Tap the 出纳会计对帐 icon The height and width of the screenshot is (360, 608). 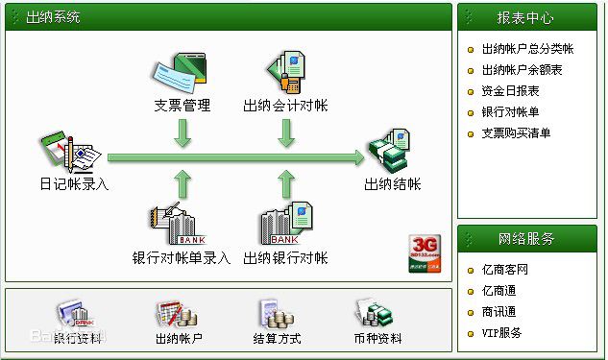(x=285, y=73)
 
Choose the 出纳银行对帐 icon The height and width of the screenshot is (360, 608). (x=286, y=226)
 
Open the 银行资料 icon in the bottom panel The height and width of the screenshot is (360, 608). (x=75, y=314)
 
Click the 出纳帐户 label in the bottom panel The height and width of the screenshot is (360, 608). (x=179, y=338)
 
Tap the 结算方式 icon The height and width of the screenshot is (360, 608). (x=277, y=314)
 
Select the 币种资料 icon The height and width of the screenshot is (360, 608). (x=377, y=314)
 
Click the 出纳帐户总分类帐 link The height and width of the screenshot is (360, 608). (x=526, y=49)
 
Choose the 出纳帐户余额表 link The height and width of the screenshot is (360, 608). (x=521, y=70)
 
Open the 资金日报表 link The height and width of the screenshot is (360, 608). (x=510, y=91)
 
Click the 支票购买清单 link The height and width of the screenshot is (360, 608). (x=516, y=133)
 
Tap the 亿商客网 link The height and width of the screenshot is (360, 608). (x=505, y=270)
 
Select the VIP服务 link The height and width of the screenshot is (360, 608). (x=501, y=333)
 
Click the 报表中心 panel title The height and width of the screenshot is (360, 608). (x=525, y=17)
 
